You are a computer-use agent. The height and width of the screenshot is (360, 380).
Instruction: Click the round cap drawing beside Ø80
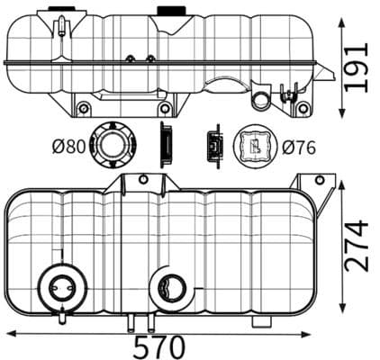pos(114,144)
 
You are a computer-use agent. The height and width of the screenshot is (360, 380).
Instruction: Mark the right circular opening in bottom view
pos(168,288)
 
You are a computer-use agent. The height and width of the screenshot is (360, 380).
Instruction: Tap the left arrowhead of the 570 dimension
pos(10,333)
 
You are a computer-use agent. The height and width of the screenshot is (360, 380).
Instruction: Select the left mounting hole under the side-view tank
pos(84,108)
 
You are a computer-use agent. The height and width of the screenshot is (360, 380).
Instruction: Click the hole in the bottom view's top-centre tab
pos(141,180)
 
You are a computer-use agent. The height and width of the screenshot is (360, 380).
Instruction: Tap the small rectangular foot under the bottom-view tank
pos(262,321)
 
